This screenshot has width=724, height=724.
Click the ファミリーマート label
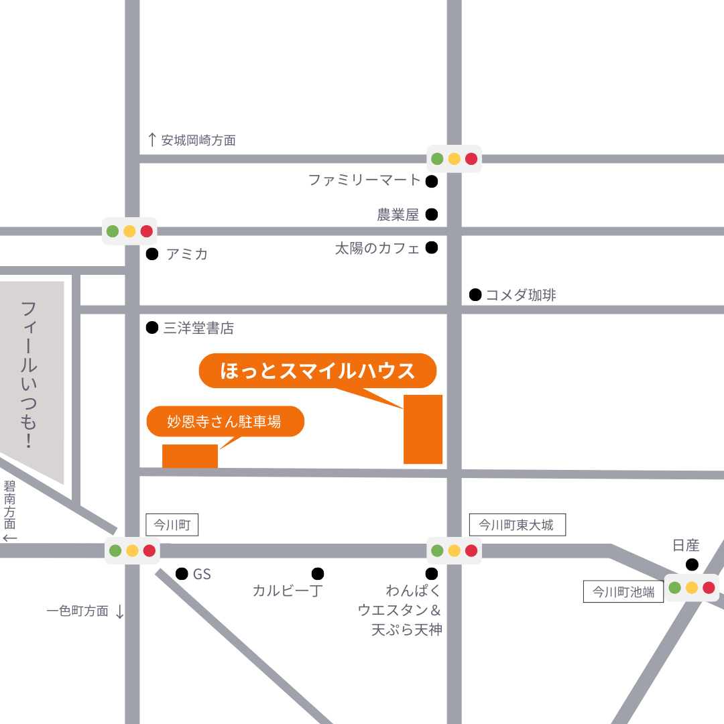364,180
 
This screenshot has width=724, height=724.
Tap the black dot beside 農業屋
432,215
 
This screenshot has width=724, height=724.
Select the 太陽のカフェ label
377,248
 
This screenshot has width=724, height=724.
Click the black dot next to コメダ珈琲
475,294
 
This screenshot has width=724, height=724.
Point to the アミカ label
187,254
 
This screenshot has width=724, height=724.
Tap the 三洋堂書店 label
198,328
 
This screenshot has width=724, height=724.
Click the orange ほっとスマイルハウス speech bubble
318,371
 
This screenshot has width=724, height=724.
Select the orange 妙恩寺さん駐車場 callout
225,422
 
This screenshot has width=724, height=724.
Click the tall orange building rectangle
423,429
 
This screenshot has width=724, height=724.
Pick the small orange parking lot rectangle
190,456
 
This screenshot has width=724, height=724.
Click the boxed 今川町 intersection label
172,524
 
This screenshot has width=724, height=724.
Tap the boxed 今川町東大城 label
517,524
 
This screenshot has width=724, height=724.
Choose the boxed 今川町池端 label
623,591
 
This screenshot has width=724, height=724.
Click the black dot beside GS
181,574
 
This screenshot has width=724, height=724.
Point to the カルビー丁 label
288,591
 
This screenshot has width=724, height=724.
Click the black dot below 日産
692,564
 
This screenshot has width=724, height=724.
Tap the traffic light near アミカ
129,231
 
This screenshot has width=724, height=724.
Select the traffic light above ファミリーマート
455,159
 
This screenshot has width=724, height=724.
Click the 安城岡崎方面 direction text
198,141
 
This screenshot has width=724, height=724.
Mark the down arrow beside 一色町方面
120,611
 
